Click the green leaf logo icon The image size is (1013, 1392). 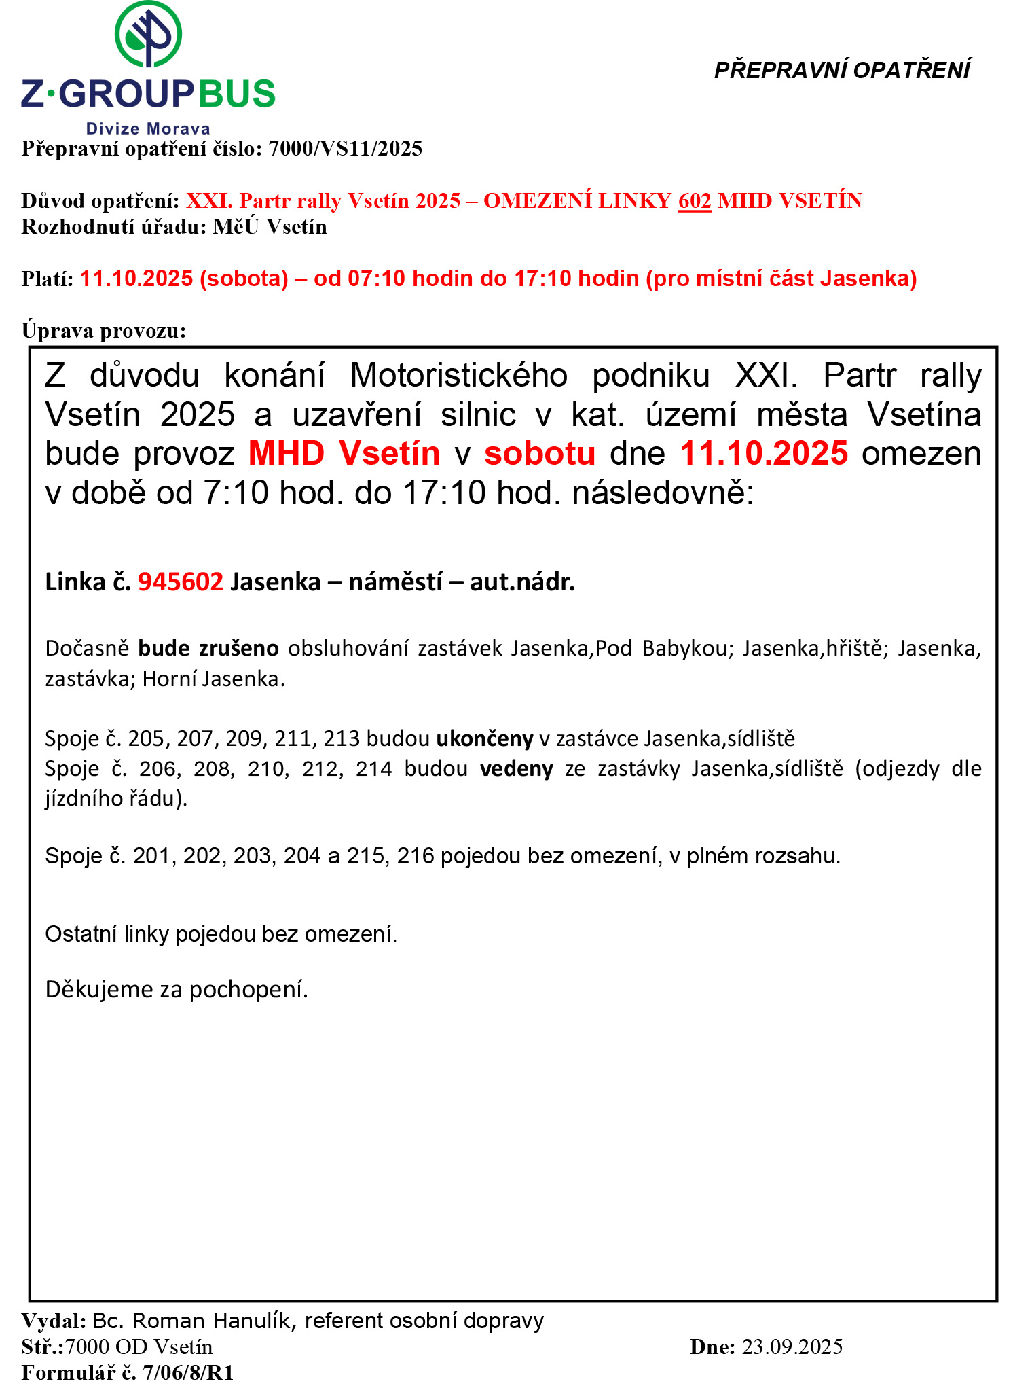[148, 34]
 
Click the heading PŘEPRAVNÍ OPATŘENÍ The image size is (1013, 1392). [842, 70]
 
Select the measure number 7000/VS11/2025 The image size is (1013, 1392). [346, 148]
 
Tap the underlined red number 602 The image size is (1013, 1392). [695, 200]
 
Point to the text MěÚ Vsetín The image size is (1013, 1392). [270, 226]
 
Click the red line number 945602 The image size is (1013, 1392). [181, 582]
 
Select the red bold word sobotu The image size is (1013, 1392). [540, 453]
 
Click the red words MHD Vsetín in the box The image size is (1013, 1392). [344, 453]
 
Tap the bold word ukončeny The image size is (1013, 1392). [484, 738]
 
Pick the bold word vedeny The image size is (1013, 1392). [516, 768]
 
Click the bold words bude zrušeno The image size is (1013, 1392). [208, 648]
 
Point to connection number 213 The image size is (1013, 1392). [342, 738]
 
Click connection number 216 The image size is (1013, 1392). [416, 855]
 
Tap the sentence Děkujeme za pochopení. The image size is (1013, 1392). [177, 989]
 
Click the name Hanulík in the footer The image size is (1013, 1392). [251, 1320]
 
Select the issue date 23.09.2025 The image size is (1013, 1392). [792, 1346]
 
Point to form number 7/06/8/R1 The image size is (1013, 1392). [188, 1373]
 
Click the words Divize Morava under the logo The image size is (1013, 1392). [148, 128]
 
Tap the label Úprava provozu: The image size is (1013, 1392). [104, 330]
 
